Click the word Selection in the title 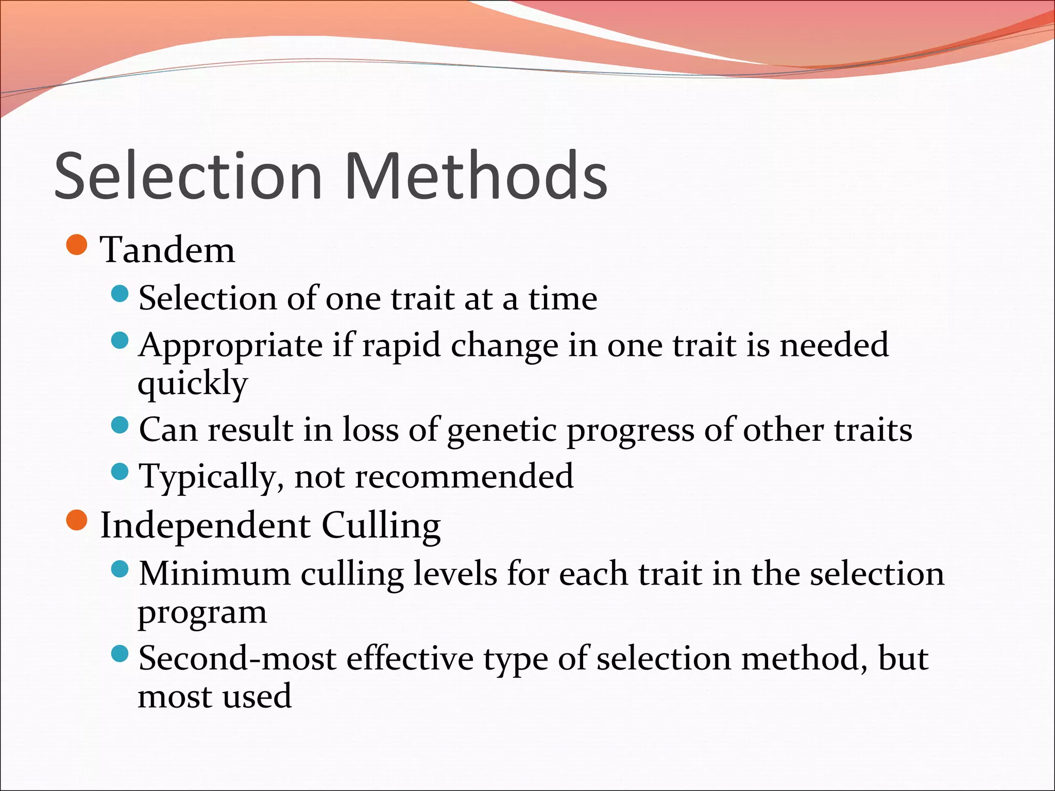pyautogui.click(x=188, y=176)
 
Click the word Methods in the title pyautogui.click(x=476, y=176)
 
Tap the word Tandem pyautogui.click(x=167, y=251)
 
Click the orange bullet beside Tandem pyautogui.click(x=77, y=245)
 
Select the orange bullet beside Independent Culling pyautogui.click(x=77, y=520)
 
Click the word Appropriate pyautogui.click(x=231, y=346)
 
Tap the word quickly pyautogui.click(x=193, y=384)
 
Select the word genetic pyautogui.click(x=502, y=431)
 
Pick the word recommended pyautogui.click(x=464, y=476)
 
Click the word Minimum pyautogui.click(x=214, y=574)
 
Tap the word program pyautogui.click(x=202, y=613)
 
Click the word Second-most pyautogui.click(x=237, y=659)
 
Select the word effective pyautogui.click(x=410, y=659)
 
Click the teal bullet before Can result pyautogui.click(x=120, y=425)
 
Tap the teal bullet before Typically pyautogui.click(x=120, y=471)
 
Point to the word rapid pyautogui.click(x=401, y=346)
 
